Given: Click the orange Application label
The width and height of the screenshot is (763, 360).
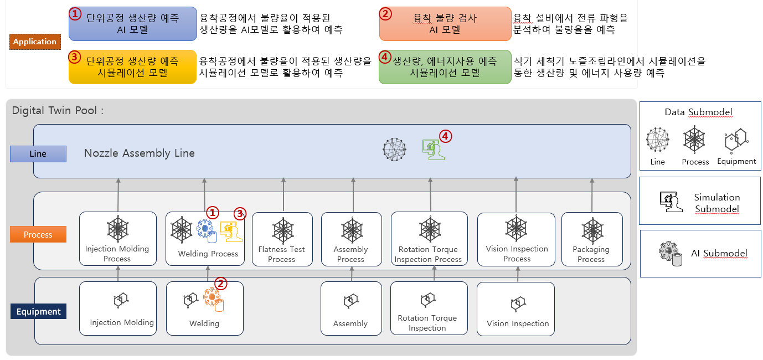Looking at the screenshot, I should click(x=35, y=42).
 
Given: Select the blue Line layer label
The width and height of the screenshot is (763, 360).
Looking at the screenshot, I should click(x=38, y=153).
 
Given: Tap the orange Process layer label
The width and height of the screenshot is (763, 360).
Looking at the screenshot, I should click(x=38, y=234).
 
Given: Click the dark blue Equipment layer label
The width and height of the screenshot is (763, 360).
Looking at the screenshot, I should click(x=38, y=311).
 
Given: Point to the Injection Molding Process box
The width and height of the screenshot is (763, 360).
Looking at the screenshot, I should click(x=117, y=238).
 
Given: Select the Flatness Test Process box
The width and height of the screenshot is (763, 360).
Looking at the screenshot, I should click(x=282, y=238).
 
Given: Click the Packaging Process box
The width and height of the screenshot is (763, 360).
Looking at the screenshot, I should click(x=591, y=238).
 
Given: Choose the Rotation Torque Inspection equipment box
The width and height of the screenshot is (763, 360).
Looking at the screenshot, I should click(x=427, y=308).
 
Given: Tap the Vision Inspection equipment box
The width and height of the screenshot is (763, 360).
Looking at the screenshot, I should click(x=517, y=308).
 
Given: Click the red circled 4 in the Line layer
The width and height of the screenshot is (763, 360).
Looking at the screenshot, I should click(x=446, y=136).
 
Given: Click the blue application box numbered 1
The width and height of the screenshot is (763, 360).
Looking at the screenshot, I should click(x=133, y=24).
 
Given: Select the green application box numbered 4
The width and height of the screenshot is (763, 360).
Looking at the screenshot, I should click(x=445, y=66).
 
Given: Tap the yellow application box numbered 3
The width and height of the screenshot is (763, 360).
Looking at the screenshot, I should click(x=132, y=66).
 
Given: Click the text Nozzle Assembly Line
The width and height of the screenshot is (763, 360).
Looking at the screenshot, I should click(x=140, y=153).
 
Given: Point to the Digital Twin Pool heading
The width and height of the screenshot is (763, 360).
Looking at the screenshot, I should click(x=58, y=110).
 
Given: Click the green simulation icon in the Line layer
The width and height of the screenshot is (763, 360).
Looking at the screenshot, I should click(x=433, y=150).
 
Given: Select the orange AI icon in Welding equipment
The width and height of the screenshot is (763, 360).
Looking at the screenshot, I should click(x=212, y=300).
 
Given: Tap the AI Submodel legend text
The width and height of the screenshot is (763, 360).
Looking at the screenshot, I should click(x=719, y=253).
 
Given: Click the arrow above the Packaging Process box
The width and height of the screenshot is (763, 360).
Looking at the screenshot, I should click(x=592, y=196).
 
